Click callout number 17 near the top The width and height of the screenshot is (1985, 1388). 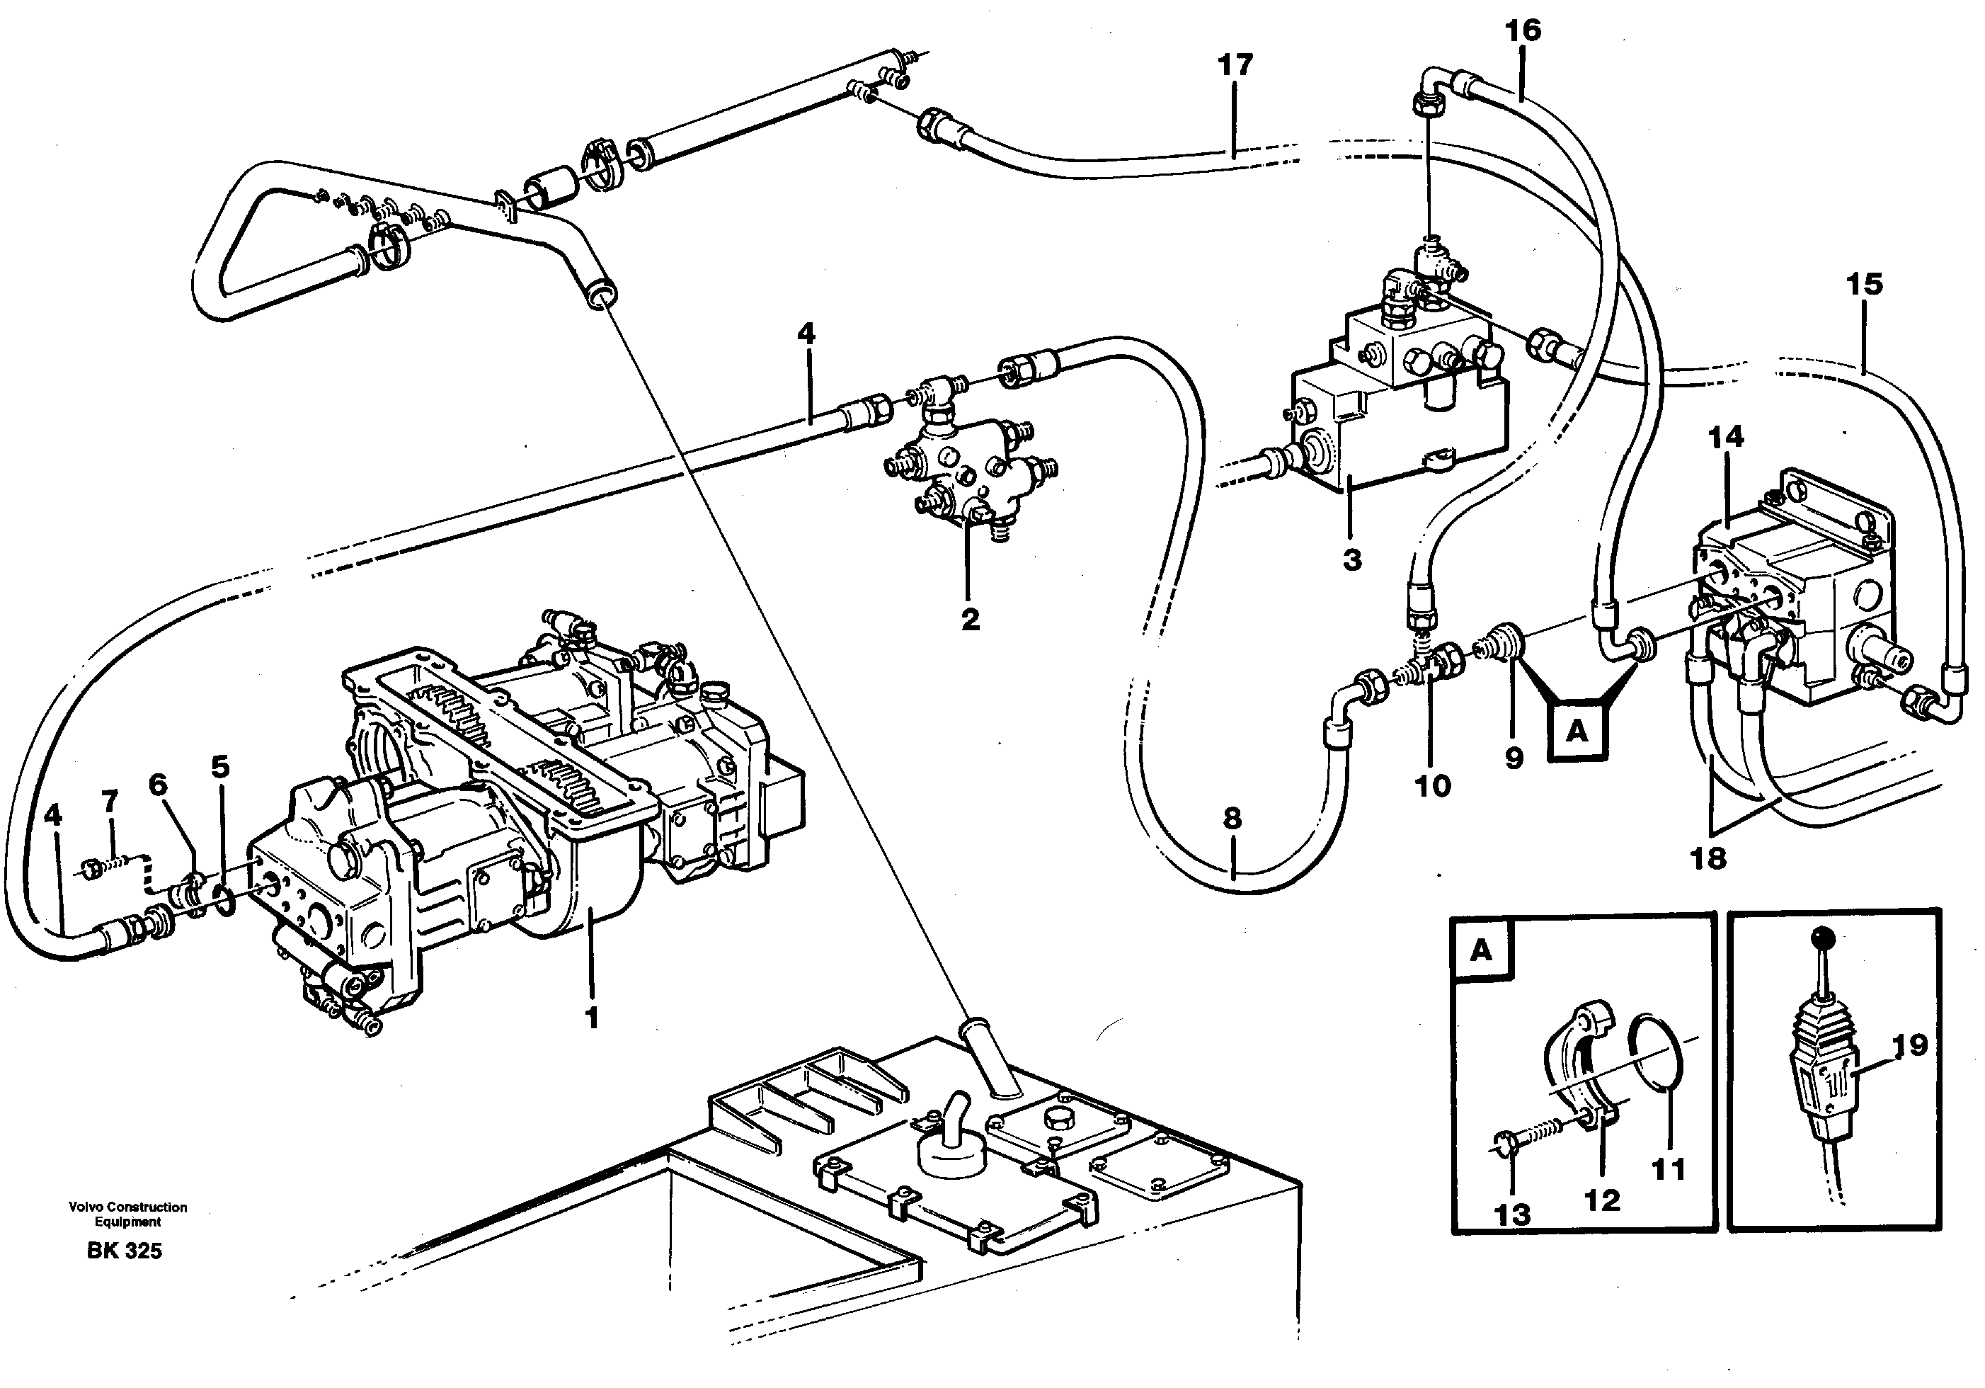pos(1235,65)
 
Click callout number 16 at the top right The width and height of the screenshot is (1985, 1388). pos(1523,30)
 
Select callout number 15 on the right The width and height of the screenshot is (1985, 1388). pos(1864,284)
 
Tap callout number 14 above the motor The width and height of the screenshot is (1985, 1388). pos(1726,437)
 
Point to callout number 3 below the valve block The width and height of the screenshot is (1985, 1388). pos(1352,559)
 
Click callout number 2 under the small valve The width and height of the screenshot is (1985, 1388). pos(970,618)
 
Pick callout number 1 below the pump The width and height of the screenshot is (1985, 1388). pos(591,1018)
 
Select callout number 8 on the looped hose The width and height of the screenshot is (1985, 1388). pos(1232,817)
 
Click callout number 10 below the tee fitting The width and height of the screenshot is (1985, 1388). pos(1431,785)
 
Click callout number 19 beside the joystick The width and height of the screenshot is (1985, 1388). pos(1910,1045)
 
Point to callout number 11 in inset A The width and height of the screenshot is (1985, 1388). pos(1668,1169)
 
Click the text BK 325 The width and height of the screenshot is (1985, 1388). pos(125,1251)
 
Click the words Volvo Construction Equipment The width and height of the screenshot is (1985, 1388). pos(128,1214)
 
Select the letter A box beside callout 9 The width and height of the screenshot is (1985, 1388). pos(1578,732)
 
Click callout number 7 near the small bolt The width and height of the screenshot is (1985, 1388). pos(110,802)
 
